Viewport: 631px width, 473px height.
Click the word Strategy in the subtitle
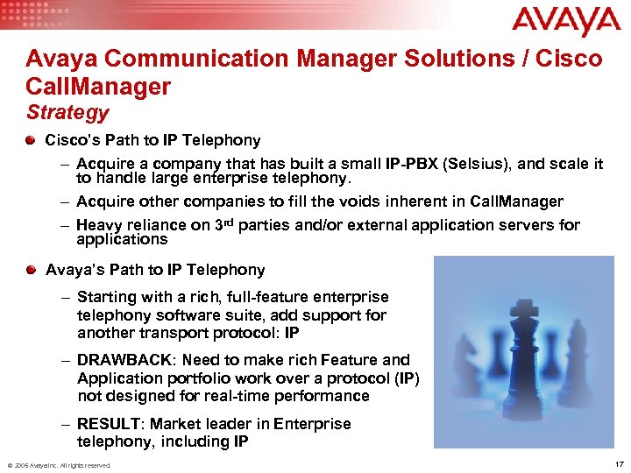tap(67, 112)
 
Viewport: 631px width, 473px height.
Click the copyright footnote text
tap(59, 465)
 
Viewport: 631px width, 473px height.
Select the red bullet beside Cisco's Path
tap(32, 139)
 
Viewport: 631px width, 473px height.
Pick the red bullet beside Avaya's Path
tap(32, 269)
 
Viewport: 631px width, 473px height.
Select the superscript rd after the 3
tap(230, 222)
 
